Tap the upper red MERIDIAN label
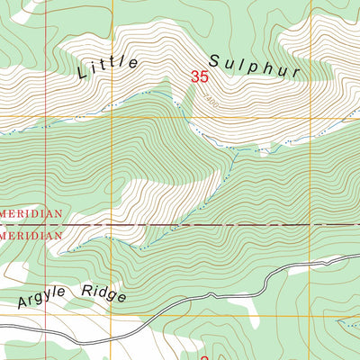(31, 214)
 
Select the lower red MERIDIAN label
(31, 234)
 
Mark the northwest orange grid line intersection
(110, 117)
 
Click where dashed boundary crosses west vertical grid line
(110, 224)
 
